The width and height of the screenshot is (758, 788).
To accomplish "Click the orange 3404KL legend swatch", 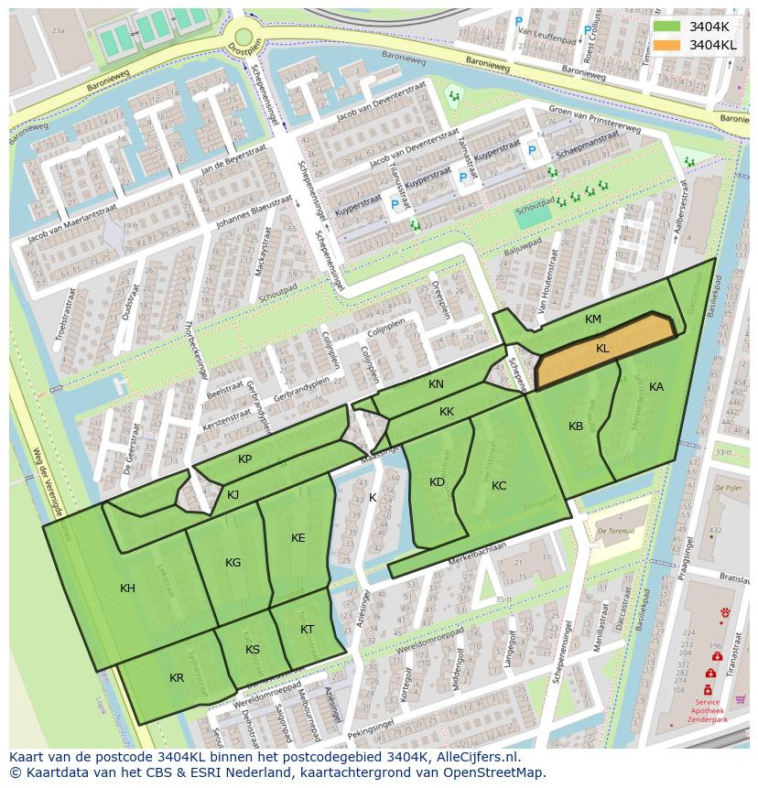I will [667, 45].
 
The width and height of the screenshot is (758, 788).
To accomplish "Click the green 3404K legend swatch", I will [667, 27].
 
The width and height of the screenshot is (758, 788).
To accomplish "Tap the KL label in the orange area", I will [602, 349].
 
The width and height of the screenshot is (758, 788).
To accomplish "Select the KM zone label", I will [593, 319].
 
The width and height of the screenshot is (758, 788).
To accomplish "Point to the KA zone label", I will [656, 387].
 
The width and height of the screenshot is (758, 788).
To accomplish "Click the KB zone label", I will [576, 426].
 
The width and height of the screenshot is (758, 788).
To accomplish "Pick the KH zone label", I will [127, 588].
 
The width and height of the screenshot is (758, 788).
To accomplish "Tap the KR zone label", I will [177, 678].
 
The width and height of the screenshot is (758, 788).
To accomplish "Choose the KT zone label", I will [307, 630].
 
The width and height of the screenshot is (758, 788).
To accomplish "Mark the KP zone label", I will [244, 459].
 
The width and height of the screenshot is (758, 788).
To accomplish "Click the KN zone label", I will [436, 384].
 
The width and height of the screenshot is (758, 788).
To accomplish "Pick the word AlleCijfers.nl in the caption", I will [475, 758].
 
